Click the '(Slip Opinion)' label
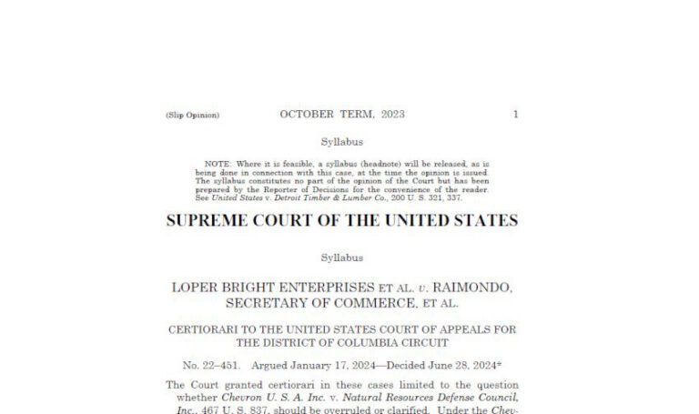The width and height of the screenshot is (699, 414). point(192,116)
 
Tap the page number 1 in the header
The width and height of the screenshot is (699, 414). point(516,115)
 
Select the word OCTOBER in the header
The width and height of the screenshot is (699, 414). point(308,115)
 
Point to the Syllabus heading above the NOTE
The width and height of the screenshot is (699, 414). point(342,142)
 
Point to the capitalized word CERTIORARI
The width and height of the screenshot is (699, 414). point(206,329)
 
